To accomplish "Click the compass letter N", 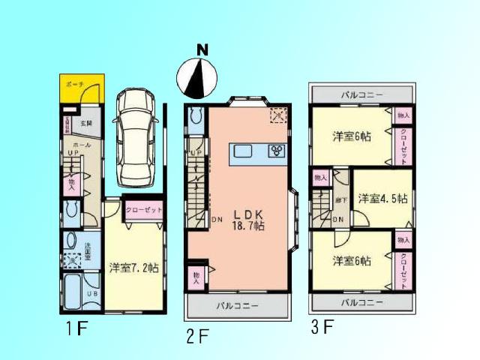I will [x=202, y=50].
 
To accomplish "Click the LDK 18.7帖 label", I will [x=248, y=220].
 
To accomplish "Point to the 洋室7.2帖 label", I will [x=138, y=266].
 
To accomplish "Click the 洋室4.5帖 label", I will [x=382, y=199].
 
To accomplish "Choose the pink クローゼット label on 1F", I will [x=143, y=211].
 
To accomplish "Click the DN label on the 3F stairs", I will [x=338, y=219].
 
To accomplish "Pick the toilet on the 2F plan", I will [x=196, y=117].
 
